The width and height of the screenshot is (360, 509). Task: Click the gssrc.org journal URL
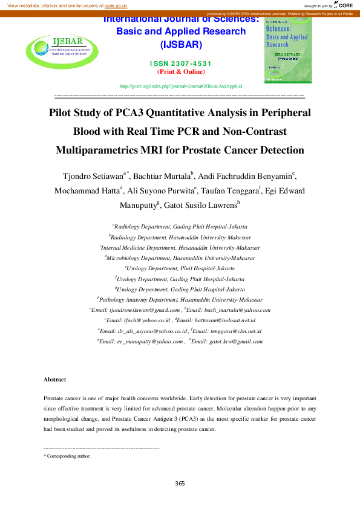[181, 86]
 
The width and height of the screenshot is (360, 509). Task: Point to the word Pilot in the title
[62, 112]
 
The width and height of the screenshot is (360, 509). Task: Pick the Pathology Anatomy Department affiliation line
[180, 299]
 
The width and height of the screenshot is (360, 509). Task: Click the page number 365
[180, 483]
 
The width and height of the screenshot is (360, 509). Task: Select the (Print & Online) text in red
[181, 71]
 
